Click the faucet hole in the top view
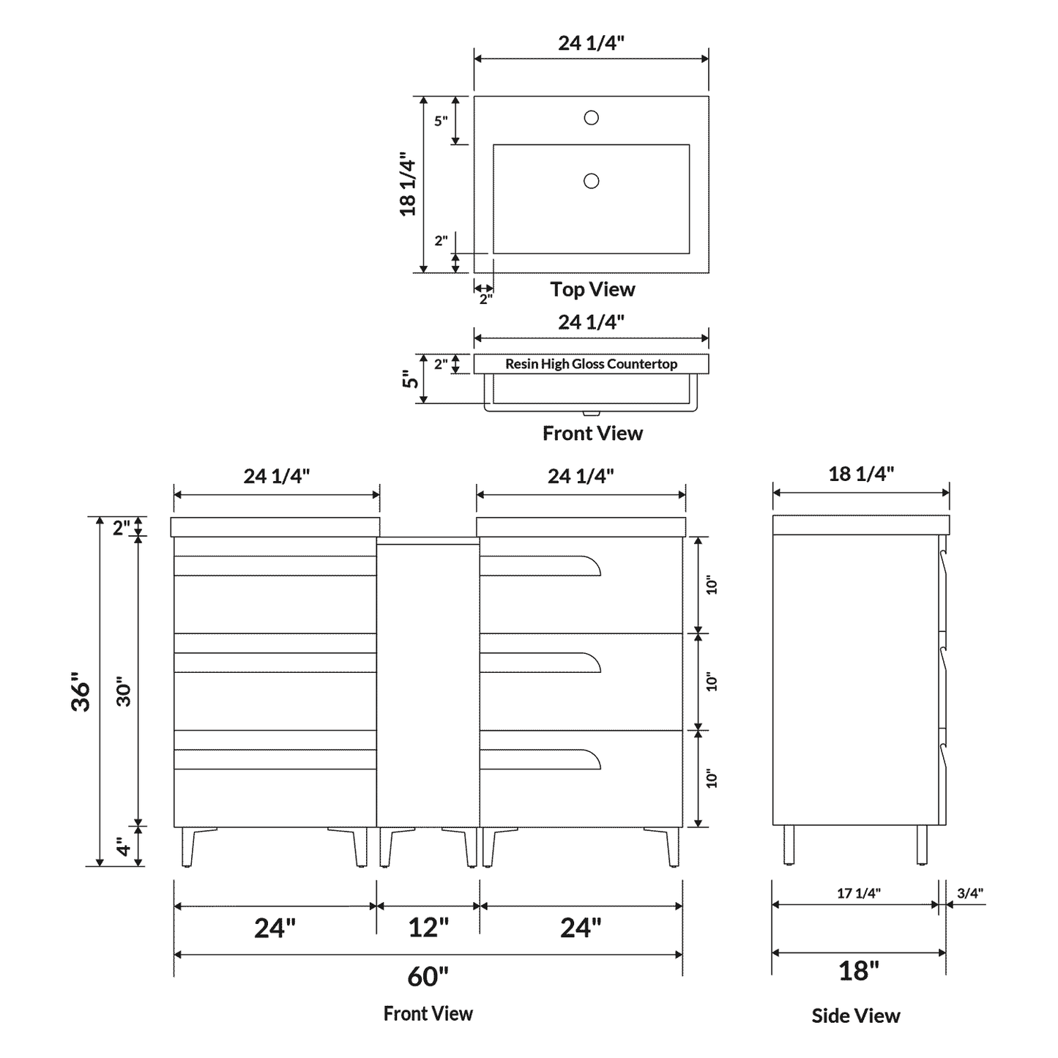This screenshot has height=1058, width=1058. [591, 117]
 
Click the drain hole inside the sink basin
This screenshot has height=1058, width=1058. [591, 181]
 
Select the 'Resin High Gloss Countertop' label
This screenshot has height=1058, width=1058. [591, 364]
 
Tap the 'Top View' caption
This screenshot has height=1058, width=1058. [592, 289]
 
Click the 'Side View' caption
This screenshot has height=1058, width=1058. [855, 1016]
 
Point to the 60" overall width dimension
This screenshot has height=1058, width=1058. [428, 976]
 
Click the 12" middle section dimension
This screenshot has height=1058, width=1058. [428, 928]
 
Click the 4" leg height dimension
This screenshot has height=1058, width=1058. [124, 847]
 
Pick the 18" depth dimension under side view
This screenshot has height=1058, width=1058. [858, 971]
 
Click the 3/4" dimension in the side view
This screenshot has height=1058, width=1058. [970, 893]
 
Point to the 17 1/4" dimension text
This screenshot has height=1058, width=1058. [858, 893]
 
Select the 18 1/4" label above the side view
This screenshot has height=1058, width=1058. [861, 474]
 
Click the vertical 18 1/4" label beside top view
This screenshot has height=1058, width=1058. [408, 187]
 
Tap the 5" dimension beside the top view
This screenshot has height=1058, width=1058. [441, 121]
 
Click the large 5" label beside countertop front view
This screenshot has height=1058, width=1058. [411, 379]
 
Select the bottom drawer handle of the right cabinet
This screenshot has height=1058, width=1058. [542, 759]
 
